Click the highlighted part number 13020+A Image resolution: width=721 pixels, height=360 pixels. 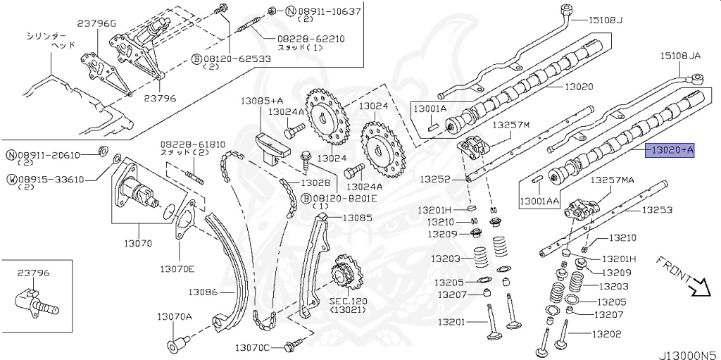[671, 149]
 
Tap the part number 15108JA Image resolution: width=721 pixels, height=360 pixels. [682, 55]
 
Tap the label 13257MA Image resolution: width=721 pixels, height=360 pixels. [612, 180]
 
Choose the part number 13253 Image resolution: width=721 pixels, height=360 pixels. [656, 210]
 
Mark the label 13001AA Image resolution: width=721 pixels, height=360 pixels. [540, 201]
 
